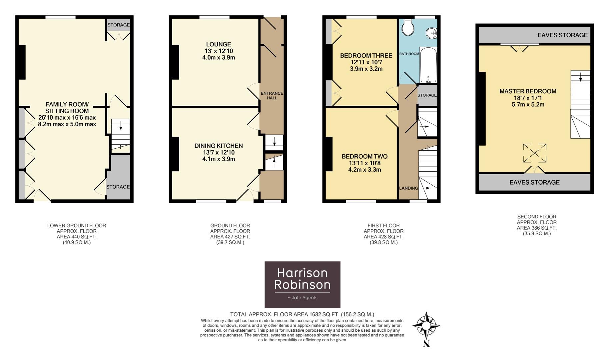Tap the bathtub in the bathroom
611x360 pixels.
coord(428,65)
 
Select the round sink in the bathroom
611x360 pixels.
coord(431,33)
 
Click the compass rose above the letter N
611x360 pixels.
coord(426,325)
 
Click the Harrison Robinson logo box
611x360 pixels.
coord(302,284)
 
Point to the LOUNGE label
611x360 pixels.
coord(218,44)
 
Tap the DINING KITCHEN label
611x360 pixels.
coord(218,146)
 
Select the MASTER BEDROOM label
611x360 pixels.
coord(528,91)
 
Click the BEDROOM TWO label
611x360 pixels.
coord(364,156)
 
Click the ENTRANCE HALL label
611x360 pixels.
coord(272,96)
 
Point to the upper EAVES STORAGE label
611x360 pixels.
coord(562,35)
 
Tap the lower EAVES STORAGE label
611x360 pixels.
coord(534,182)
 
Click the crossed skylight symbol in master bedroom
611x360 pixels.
coord(534,153)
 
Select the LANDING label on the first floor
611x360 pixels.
coord(408,188)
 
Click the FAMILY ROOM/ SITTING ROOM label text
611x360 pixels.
coord(67,107)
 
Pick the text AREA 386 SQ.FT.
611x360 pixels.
coord(536,228)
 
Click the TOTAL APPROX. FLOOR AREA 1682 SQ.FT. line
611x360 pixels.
coord(302,314)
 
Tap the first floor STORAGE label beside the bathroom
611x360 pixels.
coord(427,95)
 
